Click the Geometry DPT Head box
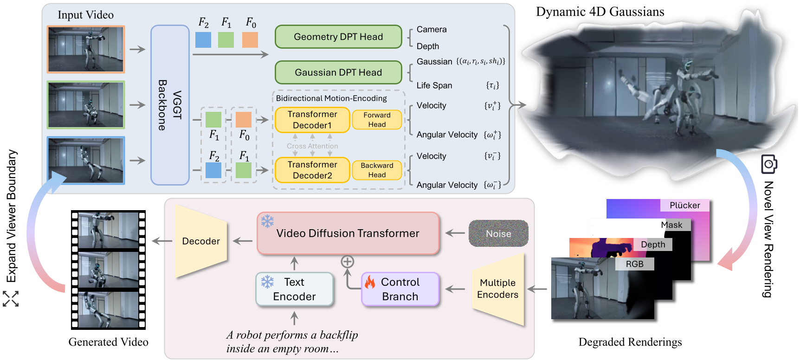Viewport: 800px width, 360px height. click(x=338, y=37)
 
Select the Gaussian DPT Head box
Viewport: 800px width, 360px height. click(x=338, y=72)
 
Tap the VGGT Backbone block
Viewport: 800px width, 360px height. click(x=170, y=105)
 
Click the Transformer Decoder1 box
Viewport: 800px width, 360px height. click(x=312, y=120)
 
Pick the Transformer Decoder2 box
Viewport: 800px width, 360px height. click(x=312, y=170)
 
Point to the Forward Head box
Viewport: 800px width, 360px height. click(x=377, y=120)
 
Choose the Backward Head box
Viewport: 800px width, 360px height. click(x=377, y=170)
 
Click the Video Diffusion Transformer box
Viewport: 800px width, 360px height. click(x=348, y=233)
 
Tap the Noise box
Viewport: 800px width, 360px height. click(x=498, y=233)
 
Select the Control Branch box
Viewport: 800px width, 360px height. click(x=400, y=289)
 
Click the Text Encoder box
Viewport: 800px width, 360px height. click(x=294, y=289)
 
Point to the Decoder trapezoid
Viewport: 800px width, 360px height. click(x=201, y=241)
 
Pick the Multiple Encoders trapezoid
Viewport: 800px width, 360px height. click(x=498, y=289)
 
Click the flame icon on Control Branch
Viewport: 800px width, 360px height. click(x=370, y=281)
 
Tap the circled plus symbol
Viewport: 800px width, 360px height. click(x=348, y=262)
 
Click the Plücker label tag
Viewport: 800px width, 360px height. click(x=684, y=205)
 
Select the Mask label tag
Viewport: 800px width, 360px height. click(x=671, y=225)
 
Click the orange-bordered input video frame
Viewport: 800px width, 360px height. click(x=86, y=49)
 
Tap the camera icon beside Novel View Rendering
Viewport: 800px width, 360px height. click(x=769, y=164)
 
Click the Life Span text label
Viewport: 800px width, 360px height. click(x=434, y=85)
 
